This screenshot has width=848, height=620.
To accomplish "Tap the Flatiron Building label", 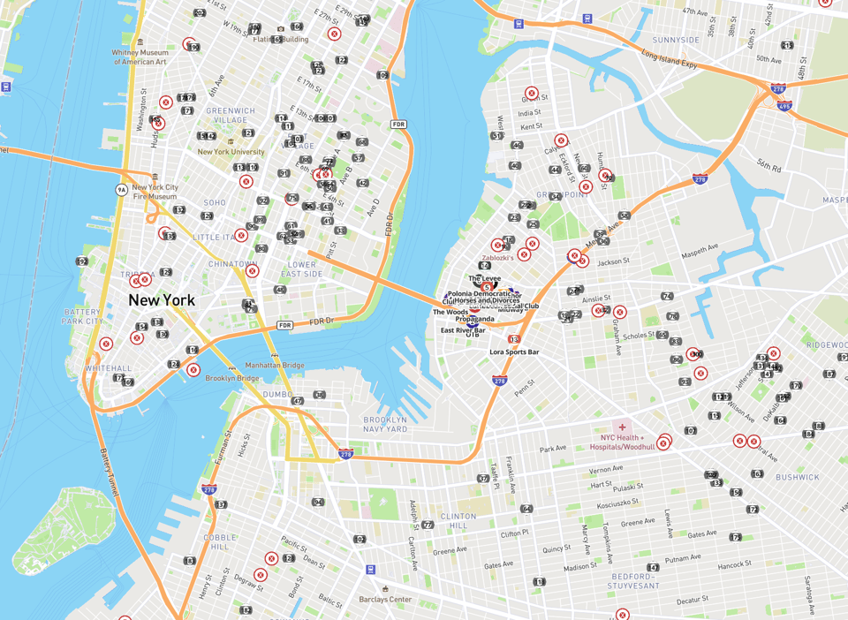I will click(x=281, y=39).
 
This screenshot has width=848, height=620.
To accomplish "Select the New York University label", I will click(x=231, y=151).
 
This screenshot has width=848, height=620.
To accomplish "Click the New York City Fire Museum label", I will click(x=155, y=192).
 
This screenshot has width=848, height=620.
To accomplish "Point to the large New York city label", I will click(x=162, y=300).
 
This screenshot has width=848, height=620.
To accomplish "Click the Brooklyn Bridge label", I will click(x=231, y=378).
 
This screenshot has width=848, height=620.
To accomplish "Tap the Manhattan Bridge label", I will click(x=250, y=365).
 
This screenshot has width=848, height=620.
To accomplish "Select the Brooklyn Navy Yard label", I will click(x=385, y=424).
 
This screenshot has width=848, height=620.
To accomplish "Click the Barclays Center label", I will click(x=385, y=600).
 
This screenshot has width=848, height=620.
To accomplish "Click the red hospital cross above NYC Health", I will click(x=622, y=427).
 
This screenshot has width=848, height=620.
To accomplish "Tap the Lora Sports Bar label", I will click(x=514, y=352).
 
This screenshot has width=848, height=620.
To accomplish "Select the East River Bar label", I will click(x=463, y=330).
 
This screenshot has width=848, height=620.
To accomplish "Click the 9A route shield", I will click(x=122, y=189).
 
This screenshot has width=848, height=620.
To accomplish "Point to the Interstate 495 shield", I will click(x=784, y=105).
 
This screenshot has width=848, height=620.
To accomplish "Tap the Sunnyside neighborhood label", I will click(x=676, y=40).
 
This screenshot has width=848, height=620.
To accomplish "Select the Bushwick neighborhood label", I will click(x=798, y=477).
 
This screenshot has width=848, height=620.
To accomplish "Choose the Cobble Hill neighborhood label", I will click(x=220, y=541).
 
